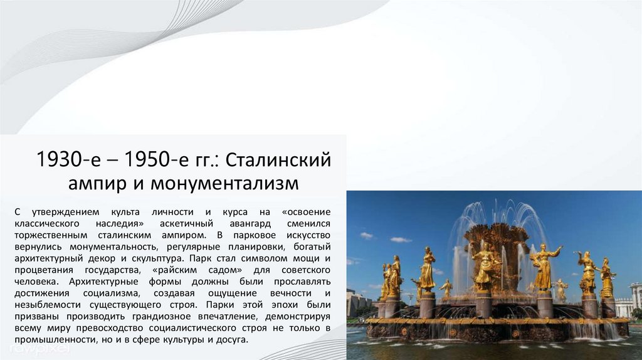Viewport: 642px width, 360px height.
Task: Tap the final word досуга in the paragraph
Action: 233,339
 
